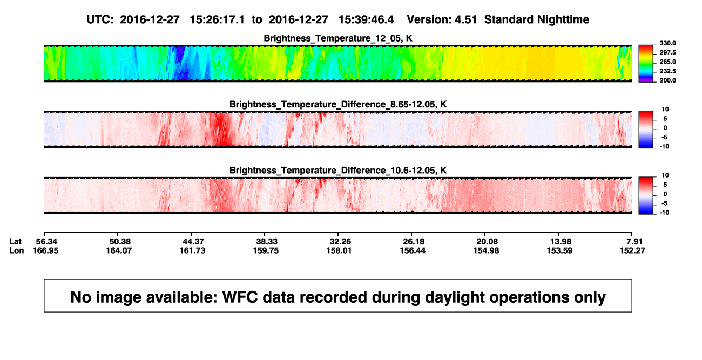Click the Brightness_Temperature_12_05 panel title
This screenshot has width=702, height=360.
pyautogui.click(x=338, y=38)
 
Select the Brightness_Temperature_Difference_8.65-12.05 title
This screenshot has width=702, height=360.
pyautogui.click(x=338, y=104)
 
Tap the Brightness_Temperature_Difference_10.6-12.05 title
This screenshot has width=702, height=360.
pyautogui.click(x=338, y=171)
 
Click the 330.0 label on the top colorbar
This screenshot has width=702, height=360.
pyautogui.click(x=667, y=43)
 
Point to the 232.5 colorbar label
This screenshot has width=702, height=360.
pyautogui.click(x=667, y=71)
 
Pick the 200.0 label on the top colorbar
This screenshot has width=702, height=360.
pyautogui.click(x=667, y=80)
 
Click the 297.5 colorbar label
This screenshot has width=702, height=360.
pyautogui.click(x=667, y=52)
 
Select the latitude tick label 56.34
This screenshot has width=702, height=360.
pyautogui.click(x=46, y=242)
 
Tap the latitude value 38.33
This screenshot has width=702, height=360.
pyautogui.click(x=267, y=242)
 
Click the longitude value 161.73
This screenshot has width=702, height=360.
pyautogui.click(x=192, y=250)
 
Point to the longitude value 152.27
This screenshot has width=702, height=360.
pyautogui.click(x=632, y=250)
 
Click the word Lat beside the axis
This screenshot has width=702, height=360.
pyautogui.click(x=15, y=242)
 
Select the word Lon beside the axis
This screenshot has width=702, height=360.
pyautogui.click(x=17, y=250)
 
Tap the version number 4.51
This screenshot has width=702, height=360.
pyautogui.click(x=466, y=20)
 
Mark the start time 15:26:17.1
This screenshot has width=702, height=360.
pyautogui.click(x=217, y=20)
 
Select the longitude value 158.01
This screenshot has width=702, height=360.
pyautogui.click(x=339, y=250)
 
